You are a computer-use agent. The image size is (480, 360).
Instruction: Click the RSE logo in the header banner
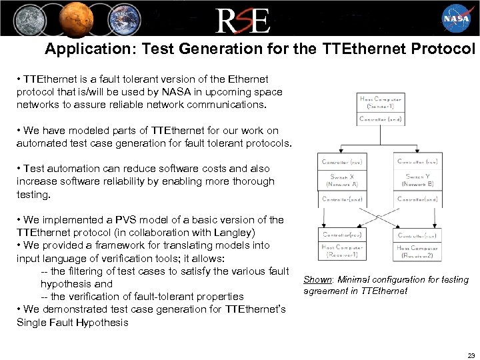242,19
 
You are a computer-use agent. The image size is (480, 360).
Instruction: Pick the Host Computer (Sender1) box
381,103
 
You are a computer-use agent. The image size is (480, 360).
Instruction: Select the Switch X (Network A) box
344,180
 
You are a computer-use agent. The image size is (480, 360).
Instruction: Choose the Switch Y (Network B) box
417,180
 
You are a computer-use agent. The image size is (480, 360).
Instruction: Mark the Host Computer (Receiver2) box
417,251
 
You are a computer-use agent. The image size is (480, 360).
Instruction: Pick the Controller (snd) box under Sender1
381,119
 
